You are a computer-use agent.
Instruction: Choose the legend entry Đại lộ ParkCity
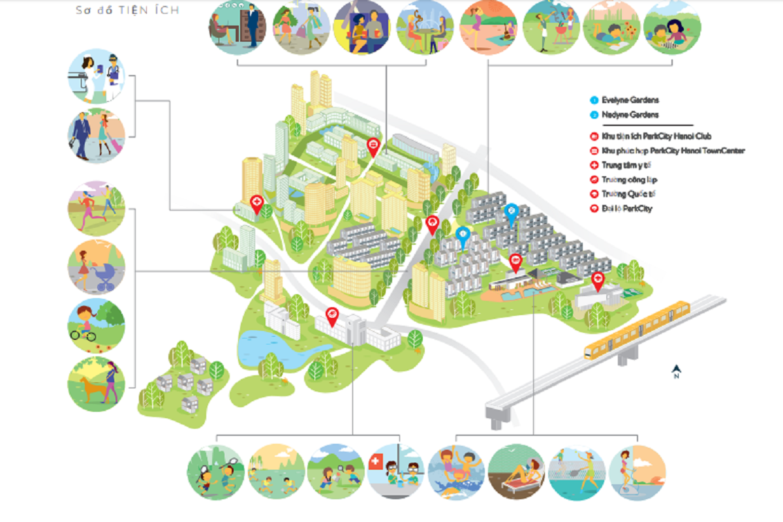pyautogui.click(x=627, y=209)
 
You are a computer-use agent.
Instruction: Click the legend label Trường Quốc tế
pyautogui.click(x=628, y=194)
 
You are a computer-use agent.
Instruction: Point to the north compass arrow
pyautogui.click(x=677, y=371)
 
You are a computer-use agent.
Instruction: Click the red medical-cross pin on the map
pyautogui.click(x=256, y=203)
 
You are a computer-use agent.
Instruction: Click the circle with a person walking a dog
pyautogui.click(x=96, y=384)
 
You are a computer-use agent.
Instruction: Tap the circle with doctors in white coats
pyautogui.click(x=96, y=75)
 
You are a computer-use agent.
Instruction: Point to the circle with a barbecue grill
pyautogui.click(x=551, y=27)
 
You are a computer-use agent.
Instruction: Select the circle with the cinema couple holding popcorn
pyautogui.click(x=361, y=27)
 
